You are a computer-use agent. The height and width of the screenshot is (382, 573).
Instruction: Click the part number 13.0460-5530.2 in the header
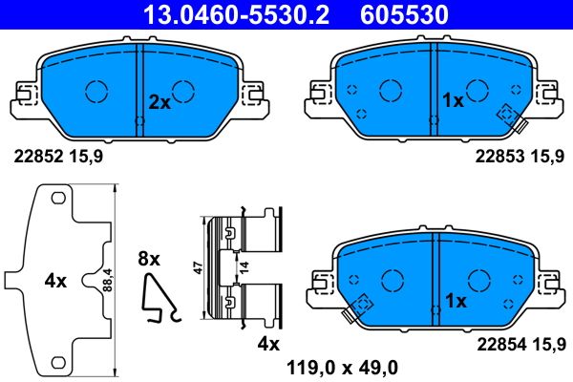(222, 14)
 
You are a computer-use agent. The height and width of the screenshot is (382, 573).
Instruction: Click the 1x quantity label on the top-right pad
(453, 99)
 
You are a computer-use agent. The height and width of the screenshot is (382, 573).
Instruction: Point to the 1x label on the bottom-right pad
(456, 301)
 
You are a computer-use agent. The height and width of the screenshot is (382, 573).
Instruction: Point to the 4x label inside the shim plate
(54, 282)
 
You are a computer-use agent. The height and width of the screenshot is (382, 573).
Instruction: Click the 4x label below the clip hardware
(266, 343)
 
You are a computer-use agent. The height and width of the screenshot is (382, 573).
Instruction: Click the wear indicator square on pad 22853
(504, 113)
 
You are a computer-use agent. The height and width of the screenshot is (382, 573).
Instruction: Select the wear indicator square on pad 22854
(362, 305)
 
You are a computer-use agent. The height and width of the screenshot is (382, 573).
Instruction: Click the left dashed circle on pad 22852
(97, 91)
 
